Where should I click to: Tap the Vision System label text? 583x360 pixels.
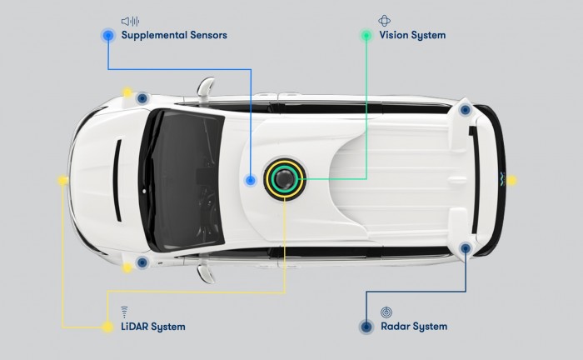click(412, 35)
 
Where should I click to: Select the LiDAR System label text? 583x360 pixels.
click(153, 327)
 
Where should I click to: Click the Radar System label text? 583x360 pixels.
click(414, 327)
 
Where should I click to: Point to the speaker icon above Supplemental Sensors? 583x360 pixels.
click(130, 21)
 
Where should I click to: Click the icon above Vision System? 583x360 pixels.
click(384, 21)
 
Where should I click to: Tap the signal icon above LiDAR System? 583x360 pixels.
click(124, 312)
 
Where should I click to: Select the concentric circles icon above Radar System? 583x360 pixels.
click(386, 312)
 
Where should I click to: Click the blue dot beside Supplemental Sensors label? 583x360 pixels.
click(107, 35)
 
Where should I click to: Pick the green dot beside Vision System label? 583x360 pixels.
click(366, 35)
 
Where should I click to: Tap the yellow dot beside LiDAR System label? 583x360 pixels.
click(107, 327)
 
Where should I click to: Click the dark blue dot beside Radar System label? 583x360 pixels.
click(366, 327)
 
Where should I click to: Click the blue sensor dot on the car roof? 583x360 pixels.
click(251, 180)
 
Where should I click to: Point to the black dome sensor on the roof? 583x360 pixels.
click(285, 179)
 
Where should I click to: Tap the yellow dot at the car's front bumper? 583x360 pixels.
click(63, 180)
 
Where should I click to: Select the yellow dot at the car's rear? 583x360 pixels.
click(511, 180)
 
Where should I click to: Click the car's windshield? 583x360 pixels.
click(184, 180)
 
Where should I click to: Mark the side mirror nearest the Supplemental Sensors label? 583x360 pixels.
click(205, 88)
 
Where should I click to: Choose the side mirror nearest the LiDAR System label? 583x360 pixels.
click(206, 273)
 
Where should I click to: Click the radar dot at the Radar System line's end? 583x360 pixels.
click(466, 248)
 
